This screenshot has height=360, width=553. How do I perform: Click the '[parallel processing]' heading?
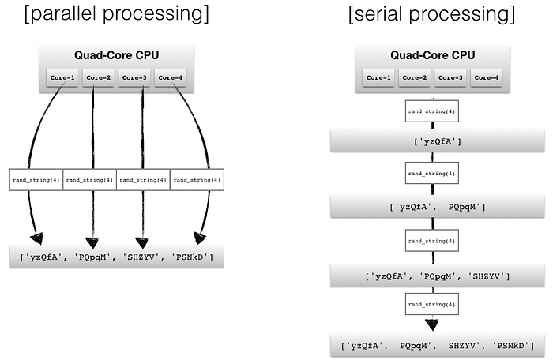tap(117, 13)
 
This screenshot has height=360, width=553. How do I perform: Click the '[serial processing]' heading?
tap(431, 13)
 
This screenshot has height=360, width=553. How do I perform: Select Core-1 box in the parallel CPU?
tap(62, 77)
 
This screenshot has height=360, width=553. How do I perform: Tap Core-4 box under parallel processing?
tap(171, 77)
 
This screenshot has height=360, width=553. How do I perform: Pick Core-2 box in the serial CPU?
tap(415, 77)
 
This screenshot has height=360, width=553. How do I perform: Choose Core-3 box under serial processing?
tap(450, 77)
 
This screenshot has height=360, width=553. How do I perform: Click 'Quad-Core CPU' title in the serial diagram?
tap(432, 55)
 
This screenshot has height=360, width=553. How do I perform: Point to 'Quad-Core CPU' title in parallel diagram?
tap(116, 55)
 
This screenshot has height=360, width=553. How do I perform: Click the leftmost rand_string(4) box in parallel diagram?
tap(36, 180)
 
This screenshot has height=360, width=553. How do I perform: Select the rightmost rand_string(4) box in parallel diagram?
tap(197, 180)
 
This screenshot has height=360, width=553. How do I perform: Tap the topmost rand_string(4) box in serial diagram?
tap(432, 111)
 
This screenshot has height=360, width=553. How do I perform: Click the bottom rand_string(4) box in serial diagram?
tap(432, 304)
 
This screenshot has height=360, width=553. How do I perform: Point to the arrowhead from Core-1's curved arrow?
tap(36, 238)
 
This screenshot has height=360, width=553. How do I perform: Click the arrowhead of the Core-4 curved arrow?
tap(199, 238)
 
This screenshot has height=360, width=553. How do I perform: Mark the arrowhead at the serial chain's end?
tap(432, 324)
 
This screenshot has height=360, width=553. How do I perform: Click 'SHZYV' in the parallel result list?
tap(141, 257)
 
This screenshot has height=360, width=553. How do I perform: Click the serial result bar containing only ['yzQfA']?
tap(438, 141)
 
